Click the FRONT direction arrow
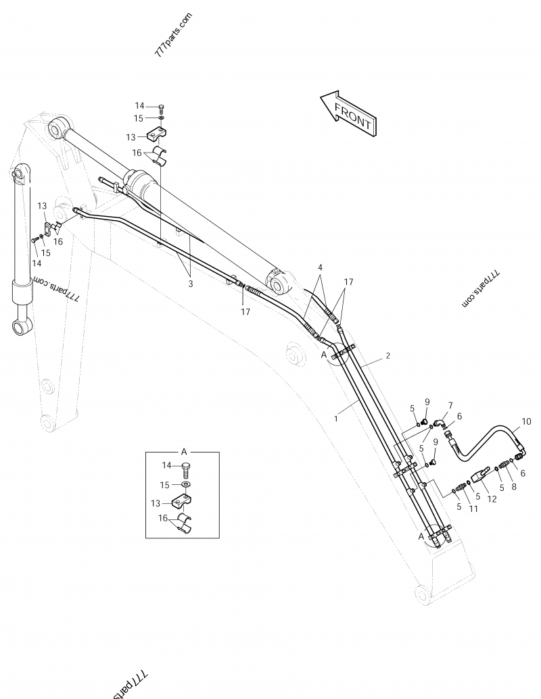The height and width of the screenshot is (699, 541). click(x=349, y=112)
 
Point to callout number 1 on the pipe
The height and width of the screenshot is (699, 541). click(x=335, y=419)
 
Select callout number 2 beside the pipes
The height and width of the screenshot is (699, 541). click(x=388, y=355)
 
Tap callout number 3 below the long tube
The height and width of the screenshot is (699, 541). click(x=191, y=284)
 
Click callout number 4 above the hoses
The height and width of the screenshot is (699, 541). click(x=319, y=267)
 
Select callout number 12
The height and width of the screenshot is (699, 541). click(x=492, y=499)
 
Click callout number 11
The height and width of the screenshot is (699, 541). click(x=473, y=509)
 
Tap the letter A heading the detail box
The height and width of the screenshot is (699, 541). click(x=183, y=450)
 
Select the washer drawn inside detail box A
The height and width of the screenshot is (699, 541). click(x=185, y=485)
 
